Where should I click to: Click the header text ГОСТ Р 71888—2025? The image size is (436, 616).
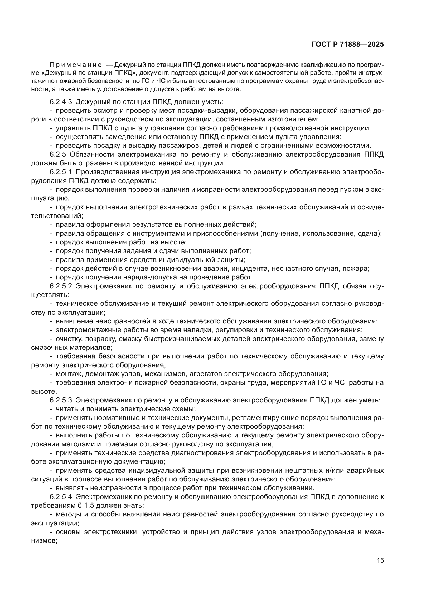(348, 45)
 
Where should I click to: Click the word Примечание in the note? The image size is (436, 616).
(76, 65)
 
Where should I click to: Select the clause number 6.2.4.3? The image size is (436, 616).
(61, 102)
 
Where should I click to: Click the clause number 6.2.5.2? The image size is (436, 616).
(61, 286)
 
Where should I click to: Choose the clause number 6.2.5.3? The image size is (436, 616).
(61, 400)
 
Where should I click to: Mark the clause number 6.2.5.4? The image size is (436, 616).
(61, 497)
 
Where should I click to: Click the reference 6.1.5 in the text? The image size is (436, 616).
(86, 506)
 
